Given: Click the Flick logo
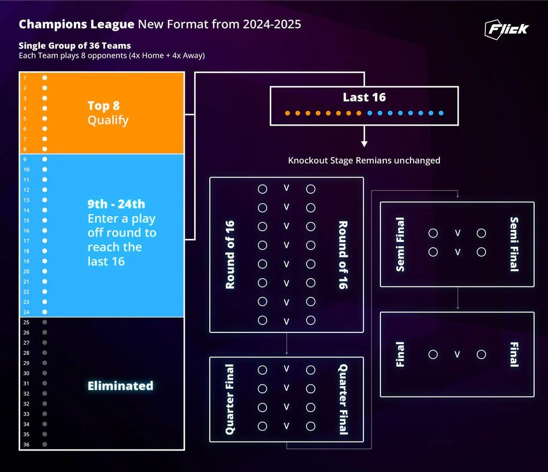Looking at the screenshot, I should [x=506, y=29].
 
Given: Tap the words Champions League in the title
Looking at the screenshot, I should [x=76, y=25].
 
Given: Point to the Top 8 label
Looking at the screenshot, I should [x=103, y=106].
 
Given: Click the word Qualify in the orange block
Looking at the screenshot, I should [x=108, y=120].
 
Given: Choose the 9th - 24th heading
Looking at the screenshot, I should [x=116, y=204].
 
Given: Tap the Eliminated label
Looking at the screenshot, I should [x=120, y=386].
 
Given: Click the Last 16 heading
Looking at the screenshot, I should [x=364, y=97].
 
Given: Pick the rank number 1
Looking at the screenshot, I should [x=25, y=78].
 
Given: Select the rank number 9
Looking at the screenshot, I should [x=25, y=159].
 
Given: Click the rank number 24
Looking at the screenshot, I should [x=26, y=312].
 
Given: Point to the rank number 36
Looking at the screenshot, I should [x=26, y=445].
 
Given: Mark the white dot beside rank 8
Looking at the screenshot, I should [x=45, y=149].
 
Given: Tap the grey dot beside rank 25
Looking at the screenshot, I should [x=45, y=322].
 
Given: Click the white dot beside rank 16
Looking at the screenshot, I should [x=45, y=231].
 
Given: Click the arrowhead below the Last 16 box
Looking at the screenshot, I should [x=364, y=143].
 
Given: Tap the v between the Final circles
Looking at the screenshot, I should [x=458, y=354].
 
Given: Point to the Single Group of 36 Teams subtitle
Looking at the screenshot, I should [x=74, y=46].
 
